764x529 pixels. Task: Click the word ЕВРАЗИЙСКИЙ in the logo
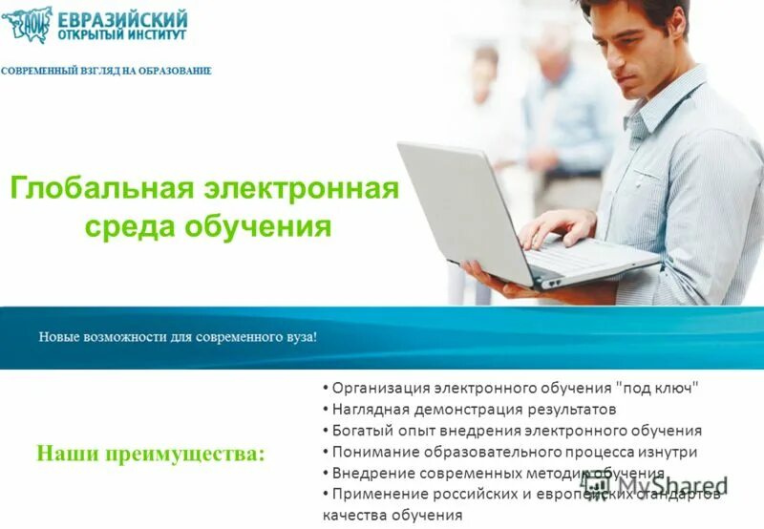[123, 19]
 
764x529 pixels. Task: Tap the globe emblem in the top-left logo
[27, 24]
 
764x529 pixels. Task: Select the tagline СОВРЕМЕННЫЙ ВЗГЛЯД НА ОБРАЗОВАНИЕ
[106, 71]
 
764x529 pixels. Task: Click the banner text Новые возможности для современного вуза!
[178, 337]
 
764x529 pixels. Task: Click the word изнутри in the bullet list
[668, 452]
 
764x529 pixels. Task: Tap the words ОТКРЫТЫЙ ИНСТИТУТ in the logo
[122, 35]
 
